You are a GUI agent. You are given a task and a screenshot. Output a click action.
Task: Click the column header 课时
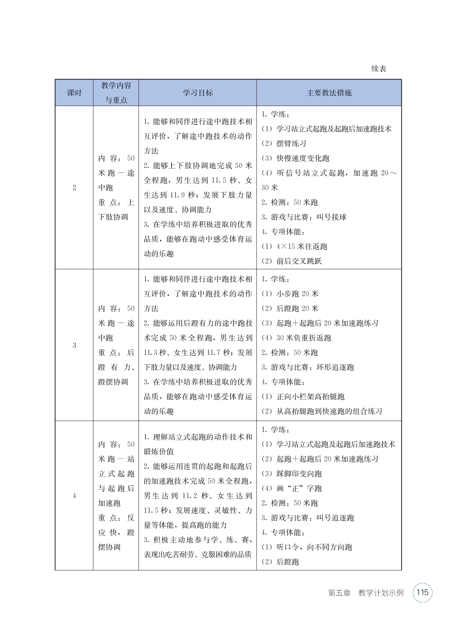(74, 93)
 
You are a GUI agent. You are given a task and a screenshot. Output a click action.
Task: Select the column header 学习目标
(197, 93)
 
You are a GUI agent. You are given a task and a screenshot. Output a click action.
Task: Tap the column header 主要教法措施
(329, 93)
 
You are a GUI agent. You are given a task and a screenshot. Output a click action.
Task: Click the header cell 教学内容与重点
(116, 93)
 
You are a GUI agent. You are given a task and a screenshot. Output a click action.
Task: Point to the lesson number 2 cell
(74, 187)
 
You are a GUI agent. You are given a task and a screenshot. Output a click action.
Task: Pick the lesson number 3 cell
(74, 345)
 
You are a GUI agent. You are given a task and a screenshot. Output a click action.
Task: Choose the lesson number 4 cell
(74, 496)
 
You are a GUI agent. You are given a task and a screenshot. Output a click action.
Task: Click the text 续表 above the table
(378, 69)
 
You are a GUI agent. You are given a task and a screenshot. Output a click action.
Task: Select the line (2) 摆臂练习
(284, 143)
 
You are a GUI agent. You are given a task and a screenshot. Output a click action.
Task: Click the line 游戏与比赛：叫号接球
(304, 217)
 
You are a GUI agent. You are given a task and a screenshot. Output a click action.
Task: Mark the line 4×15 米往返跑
(294, 246)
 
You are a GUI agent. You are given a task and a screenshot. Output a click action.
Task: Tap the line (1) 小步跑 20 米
(290, 294)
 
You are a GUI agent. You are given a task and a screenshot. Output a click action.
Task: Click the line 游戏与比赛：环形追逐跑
(307, 367)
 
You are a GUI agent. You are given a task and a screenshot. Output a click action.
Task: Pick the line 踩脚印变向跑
(292, 473)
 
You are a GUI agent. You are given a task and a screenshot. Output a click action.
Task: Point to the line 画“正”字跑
(292, 488)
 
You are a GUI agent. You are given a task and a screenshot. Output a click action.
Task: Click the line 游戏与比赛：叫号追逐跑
(307, 518)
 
